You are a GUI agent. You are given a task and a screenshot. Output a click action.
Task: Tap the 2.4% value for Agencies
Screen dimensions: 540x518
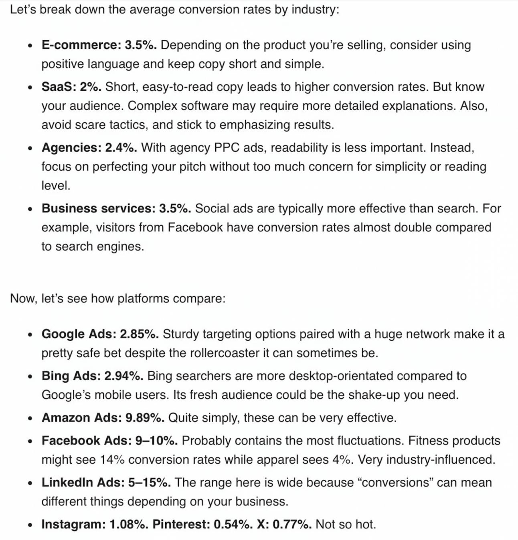(121, 148)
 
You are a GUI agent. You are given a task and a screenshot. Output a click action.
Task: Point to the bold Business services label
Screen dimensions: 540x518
(97, 208)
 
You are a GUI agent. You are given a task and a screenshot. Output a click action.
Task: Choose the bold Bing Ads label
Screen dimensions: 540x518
(71, 376)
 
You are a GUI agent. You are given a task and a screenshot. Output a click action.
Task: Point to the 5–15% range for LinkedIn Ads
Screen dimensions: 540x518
(149, 482)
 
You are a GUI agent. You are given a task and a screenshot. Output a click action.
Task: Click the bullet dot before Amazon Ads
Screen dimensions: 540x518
(30, 418)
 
